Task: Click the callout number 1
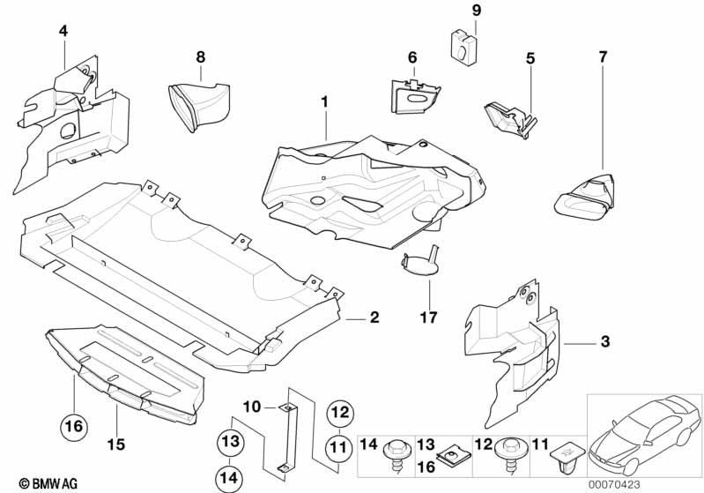coord(324,102)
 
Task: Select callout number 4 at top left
coord(63,30)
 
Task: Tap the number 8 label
coord(201,56)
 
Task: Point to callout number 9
coord(476,11)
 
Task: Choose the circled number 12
coord(341,411)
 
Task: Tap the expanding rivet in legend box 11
coord(564,459)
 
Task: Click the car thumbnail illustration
coord(644,436)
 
